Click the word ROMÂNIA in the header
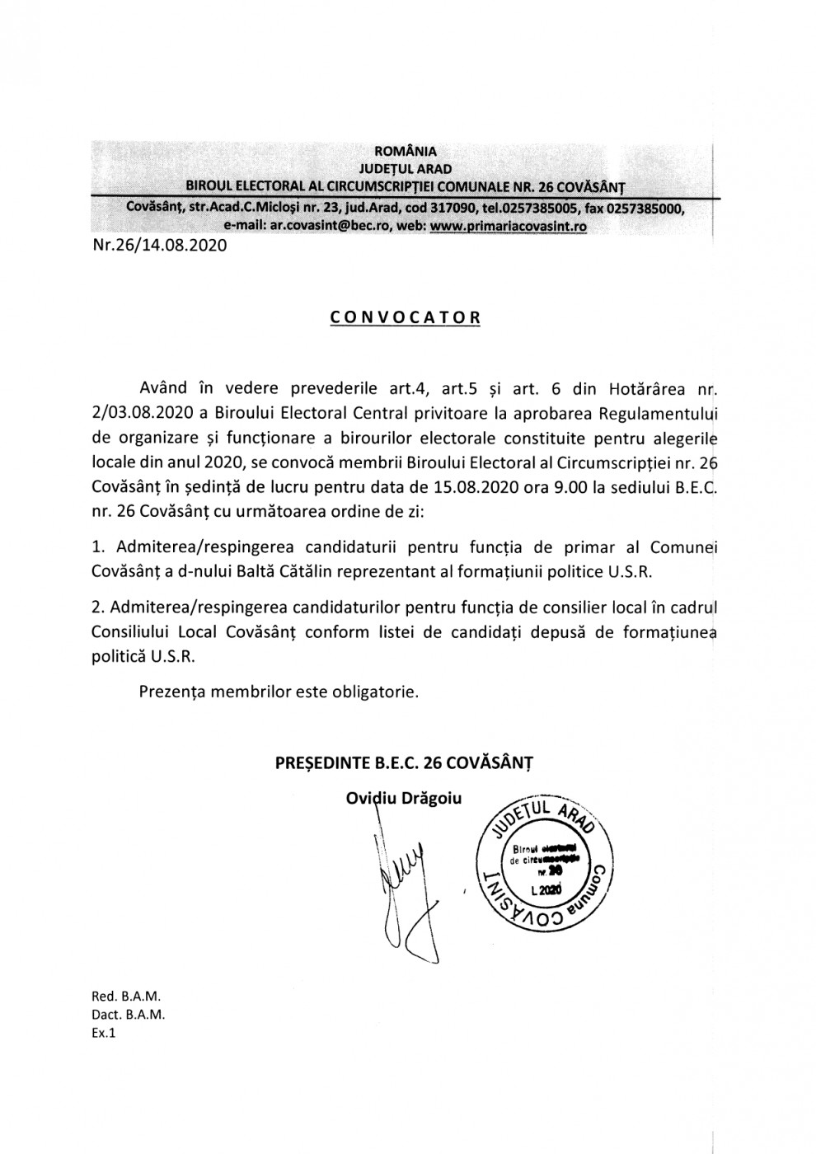coord(406,151)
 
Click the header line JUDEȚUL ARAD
coord(406,169)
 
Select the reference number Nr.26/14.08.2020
coord(159,245)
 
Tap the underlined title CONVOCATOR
coord(405,317)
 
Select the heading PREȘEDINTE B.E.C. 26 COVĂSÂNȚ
coord(404,763)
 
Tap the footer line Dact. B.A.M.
coord(129,1015)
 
